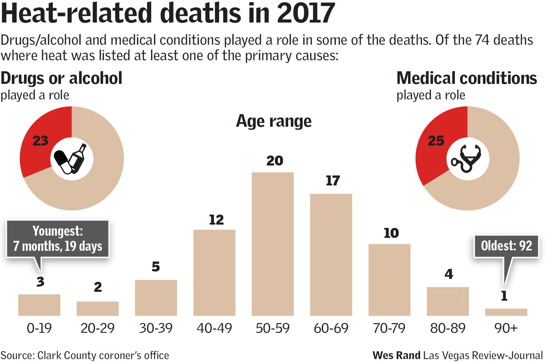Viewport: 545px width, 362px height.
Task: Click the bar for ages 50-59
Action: tap(273, 244)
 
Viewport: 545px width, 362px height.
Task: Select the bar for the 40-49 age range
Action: tap(214, 273)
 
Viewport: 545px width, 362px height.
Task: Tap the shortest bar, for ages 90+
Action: tap(506, 312)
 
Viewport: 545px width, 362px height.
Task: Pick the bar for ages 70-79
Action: tap(389, 280)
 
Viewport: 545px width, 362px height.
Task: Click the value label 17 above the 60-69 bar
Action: tap(333, 181)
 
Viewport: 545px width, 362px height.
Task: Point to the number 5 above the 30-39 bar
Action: tap(156, 267)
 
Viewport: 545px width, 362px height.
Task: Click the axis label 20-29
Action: tap(98, 328)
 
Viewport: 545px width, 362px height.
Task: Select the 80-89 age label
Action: tap(448, 328)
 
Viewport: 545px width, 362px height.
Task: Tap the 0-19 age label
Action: tap(39, 328)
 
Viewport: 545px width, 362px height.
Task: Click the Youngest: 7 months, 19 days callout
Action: tap(58, 239)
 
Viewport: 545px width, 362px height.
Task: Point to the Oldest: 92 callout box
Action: tap(506, 246)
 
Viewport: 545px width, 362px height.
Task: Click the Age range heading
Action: tap(274, 121)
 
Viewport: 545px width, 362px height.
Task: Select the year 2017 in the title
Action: tap(306, 13)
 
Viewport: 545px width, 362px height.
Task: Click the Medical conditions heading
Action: tap(467, 78)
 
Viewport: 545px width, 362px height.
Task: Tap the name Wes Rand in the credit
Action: tap(396, 355)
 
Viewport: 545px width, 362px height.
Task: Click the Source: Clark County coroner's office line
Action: tap(85, 355)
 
